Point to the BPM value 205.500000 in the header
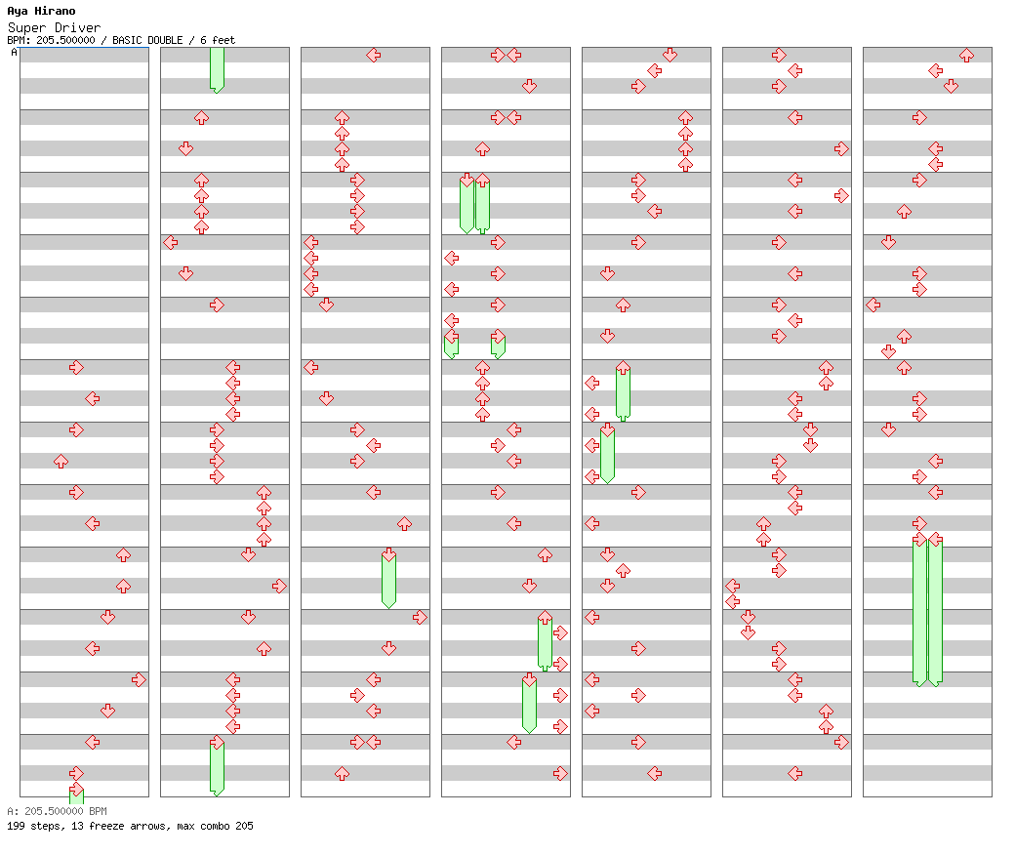(65, 40)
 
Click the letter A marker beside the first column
(15, 52)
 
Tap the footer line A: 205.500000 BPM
(57, 811)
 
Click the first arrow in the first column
(76, 368)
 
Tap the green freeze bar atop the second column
(217, 70)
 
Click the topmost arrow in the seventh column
(966, 55)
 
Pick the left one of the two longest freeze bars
(919, 612)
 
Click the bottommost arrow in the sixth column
(794, 773)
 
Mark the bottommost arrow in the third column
(342, 773)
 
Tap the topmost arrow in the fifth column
(670, 55)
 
